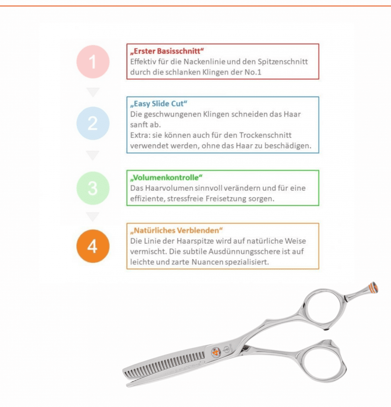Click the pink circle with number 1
(93, 62)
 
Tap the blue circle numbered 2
(93, 123)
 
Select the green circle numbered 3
(93, 188)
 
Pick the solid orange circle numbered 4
(93, 246)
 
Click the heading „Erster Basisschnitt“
(167, 51)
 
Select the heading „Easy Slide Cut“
(158, 104)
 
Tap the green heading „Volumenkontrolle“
(166, 178)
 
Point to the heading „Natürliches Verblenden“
(176, 231)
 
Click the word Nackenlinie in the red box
(205, 62)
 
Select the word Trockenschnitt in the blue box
(265, 135)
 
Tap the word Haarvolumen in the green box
(169, 188)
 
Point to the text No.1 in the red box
(253, 72)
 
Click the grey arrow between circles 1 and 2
(93, 92)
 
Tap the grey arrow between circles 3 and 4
(93, 217)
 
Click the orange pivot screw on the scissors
(216, 353)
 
